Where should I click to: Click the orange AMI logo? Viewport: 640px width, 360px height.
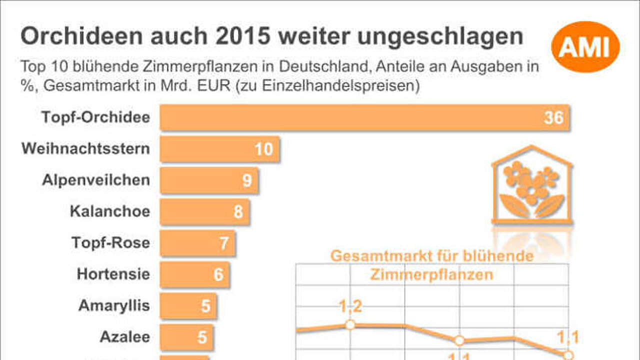click(x=585, y=47)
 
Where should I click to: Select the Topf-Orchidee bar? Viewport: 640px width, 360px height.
click(x=365, y=117)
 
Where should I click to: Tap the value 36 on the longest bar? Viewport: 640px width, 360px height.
click(x=553, y=117)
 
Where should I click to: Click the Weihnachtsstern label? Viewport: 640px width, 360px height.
click(x=85, y=148)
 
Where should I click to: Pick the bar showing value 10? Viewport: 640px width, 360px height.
click(x=219, y=149)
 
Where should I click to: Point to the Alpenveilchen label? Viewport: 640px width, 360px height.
click(x=96, y=180)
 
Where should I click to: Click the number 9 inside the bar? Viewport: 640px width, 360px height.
click(x=247, y=180)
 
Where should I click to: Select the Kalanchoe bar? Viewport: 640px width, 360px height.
click(x=205, y=211)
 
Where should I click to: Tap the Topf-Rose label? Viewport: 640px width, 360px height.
click(x=111, y=242)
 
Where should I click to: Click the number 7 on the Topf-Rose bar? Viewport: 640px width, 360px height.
click(x=223, y=243)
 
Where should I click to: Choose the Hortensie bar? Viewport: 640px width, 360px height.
click(x=195, y=274)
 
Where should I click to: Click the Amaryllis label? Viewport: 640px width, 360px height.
click(x=114, y=305)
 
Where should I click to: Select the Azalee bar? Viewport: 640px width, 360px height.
click(x=187, y=337)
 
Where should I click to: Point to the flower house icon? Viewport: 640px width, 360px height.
click(x=532, y=185)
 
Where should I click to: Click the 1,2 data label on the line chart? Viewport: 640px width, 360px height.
click(x=350, y=306)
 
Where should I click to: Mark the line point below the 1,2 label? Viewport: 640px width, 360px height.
click(x=350, y=325)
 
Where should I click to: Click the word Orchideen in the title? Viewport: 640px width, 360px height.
click(x=81, y=36)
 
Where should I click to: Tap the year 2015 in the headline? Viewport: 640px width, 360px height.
click(x=242, y=36)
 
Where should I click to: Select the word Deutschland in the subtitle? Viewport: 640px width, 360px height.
click(x=323, y=66)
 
